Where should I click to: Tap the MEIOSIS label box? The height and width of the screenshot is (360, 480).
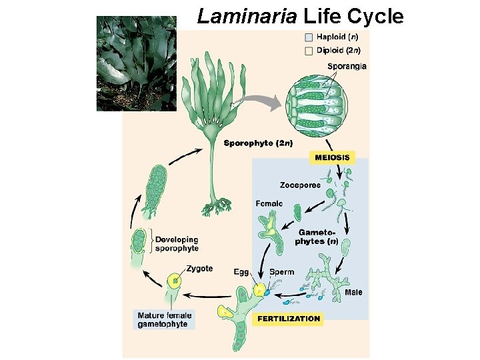331,158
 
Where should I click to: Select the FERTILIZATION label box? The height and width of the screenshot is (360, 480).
289,319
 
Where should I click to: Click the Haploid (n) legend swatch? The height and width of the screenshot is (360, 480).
308,37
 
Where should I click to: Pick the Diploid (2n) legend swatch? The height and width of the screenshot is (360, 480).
308,50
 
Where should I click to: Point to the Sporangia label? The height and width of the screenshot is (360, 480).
347,66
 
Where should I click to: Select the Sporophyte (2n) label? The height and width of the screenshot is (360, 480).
258,143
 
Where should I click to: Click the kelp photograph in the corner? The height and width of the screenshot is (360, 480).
137,63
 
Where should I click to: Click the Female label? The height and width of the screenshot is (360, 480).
269,203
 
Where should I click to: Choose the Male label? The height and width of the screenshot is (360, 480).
354,292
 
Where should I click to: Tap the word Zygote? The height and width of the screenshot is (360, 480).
199,269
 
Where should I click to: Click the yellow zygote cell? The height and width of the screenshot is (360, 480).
175,281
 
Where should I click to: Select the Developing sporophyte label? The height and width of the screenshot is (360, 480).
177,244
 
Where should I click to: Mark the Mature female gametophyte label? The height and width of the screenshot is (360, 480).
164,320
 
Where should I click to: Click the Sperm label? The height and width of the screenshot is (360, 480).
281,272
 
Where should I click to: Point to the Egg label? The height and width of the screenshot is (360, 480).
241,272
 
